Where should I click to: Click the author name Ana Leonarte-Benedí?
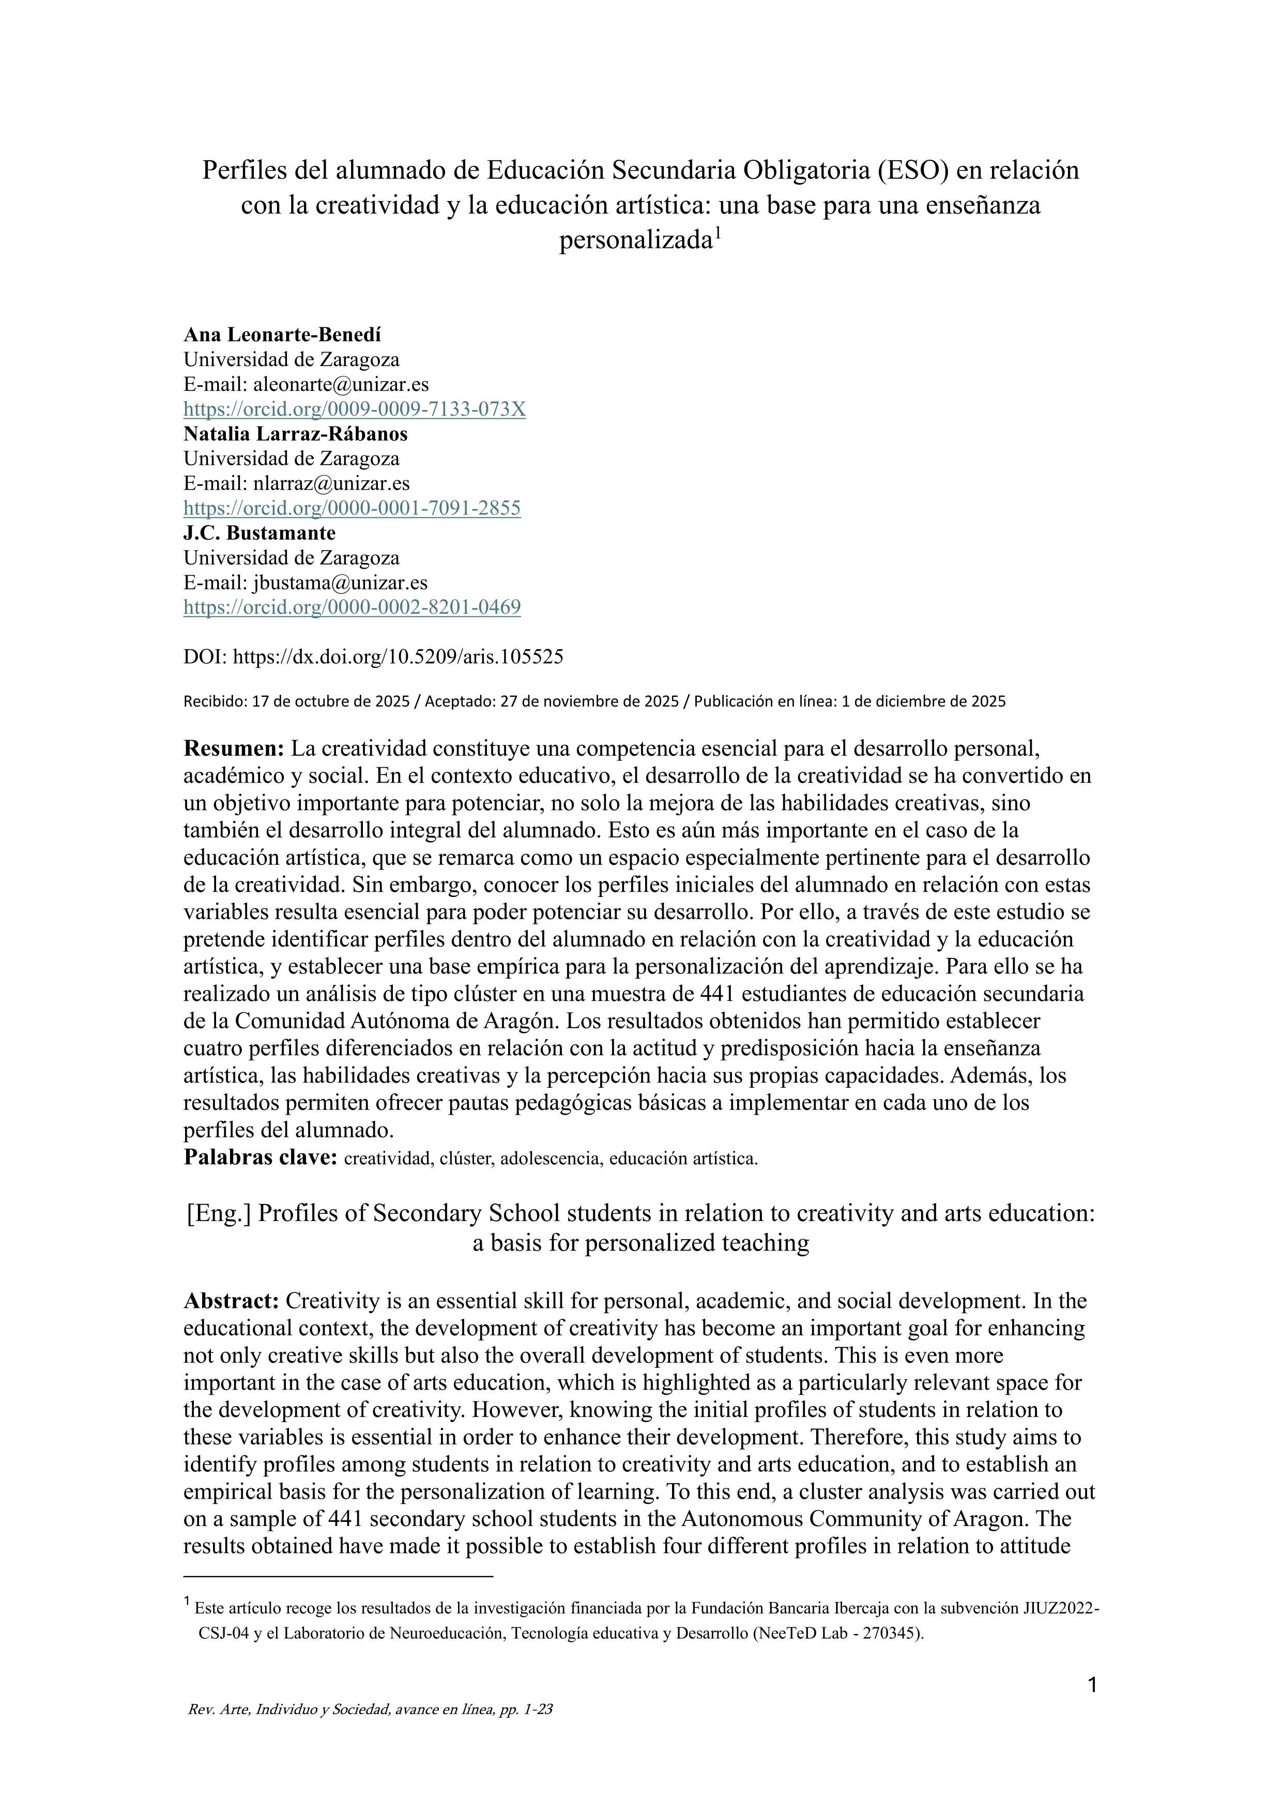tap(282, 335)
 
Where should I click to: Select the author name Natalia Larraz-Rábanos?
tap(295, 434)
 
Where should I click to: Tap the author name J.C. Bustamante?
tap(259, 533)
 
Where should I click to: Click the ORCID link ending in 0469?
tap(352, 607)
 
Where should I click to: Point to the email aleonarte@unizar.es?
tap(341, 385)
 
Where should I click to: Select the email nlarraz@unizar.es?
tap(331, 483)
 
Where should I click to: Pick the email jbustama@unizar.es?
tap(340, 583)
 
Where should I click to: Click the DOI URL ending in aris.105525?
tap(399, 657)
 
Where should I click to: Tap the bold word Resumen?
tap(234, 749)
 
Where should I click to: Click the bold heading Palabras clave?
tap(261, 1157)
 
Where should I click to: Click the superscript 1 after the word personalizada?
tap(719, 232)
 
